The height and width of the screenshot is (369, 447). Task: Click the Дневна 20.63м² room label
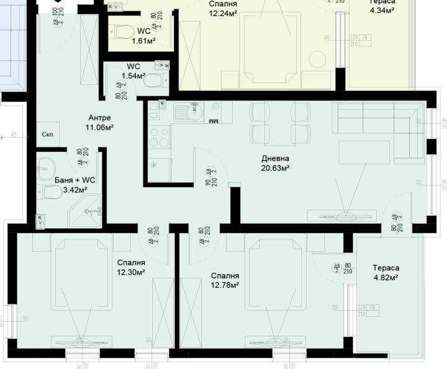pos(275,162)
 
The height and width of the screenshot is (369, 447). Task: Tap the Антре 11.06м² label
pos(99,123)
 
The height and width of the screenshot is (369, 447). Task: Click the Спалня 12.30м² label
pos(130,267)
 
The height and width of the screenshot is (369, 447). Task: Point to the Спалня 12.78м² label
pos(225,280)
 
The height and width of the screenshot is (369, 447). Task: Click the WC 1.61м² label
pos(143,35)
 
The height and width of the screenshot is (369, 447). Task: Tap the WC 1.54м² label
pos(133,71)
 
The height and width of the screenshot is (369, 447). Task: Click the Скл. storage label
pos(48,134)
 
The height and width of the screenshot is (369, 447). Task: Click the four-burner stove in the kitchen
pos(160,136)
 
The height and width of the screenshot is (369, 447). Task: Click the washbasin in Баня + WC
pos(45,166)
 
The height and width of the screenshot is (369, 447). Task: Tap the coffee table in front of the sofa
pos(364,152)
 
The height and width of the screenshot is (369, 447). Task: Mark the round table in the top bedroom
pos(318,60)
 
